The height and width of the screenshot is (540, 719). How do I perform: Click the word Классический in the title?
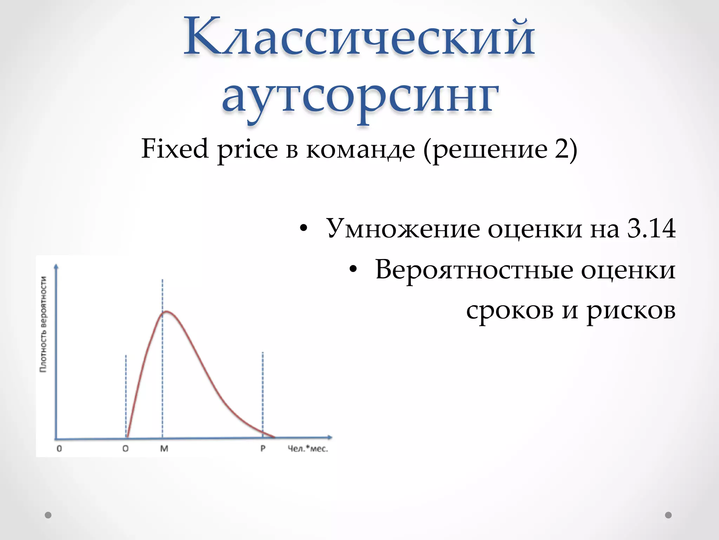pyautogui.click(x=359, y=37)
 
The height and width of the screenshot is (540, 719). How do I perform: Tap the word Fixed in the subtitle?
pyautogui.click(x=175, y=149)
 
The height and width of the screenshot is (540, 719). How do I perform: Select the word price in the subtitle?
pyautogui.click(x=248, y=150)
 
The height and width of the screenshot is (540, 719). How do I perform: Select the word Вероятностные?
pyautogui.click(x=474, y=270)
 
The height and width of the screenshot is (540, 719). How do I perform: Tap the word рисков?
pyautogui.click(x=631, y=311)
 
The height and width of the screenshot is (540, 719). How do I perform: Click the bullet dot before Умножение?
pyautogui.click(x=304, y=229)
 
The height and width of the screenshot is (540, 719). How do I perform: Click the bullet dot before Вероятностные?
pyautogui.click(x=353, y=270)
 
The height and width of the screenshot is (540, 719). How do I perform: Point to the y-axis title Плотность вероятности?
pyautogui.click(x=43, y=324)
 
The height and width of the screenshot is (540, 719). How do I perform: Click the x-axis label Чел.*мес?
pyautogui.click(x=308, y=449)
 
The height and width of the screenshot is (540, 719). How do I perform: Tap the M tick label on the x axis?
pyautogui.click(x=164, y=449)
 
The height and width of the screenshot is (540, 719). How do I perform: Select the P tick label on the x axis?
pyautogui.click(x=263, y=449)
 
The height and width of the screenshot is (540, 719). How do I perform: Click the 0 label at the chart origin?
pyautogui.click(x=59, y=449)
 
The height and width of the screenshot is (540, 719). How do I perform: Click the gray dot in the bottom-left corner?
pyautogui.click(x=48, y=515)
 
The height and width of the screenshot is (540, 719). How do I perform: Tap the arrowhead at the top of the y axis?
pyautogui.click(x=56, y=266)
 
